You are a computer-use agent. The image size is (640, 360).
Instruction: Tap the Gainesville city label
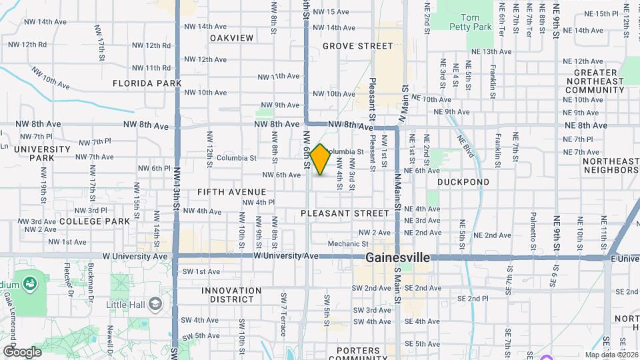coord(397,258)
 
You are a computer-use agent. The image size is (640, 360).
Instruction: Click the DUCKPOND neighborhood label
coord(463,181)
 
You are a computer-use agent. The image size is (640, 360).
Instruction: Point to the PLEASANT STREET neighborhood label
coord(345,213)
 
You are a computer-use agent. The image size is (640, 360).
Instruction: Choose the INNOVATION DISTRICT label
coord(231,295)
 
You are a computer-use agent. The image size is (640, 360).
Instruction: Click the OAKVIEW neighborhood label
coord(232,38)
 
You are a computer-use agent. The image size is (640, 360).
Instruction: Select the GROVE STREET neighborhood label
coord(358,46)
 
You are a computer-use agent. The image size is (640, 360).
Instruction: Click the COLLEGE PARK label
coord(94,221)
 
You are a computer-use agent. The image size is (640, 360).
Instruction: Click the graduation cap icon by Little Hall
coord(155,304)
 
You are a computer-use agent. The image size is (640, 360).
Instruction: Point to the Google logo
coord(22,351)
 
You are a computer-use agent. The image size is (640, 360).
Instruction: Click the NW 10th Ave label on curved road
coord(49,82)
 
